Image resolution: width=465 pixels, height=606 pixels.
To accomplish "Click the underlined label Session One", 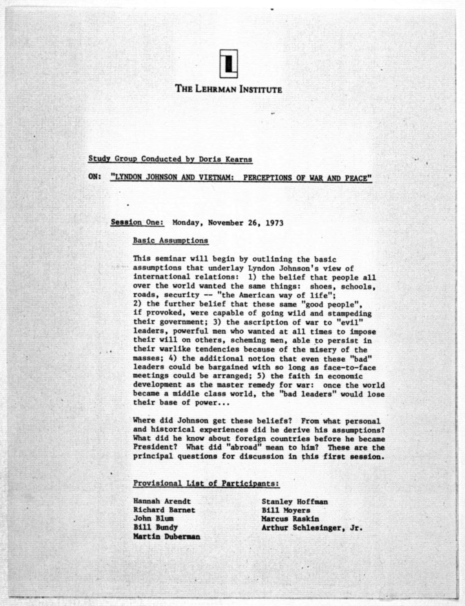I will (x=137, y=222).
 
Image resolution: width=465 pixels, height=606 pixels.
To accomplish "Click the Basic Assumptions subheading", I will (x=170, y=240).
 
